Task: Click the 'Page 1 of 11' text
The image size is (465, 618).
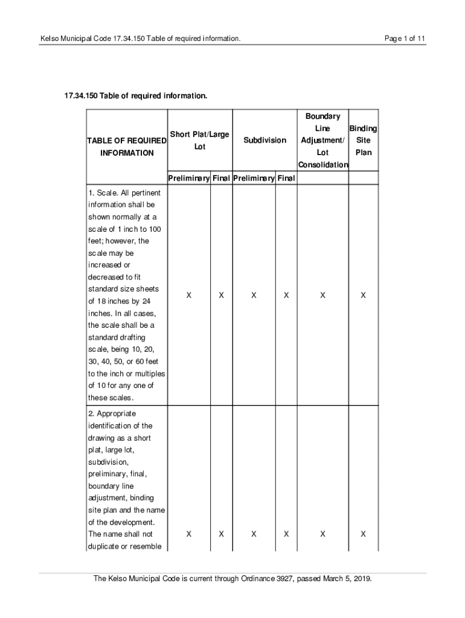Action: [405, 39]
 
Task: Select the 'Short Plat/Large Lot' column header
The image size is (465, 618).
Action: [199, 140]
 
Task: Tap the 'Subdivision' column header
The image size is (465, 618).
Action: [265, 140]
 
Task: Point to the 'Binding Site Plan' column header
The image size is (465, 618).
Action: [364, 140]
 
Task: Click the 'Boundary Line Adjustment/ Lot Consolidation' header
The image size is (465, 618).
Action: [322, 140]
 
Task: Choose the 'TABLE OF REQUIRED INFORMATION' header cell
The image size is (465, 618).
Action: [127, 147]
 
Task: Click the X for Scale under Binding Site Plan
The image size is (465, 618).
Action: [363, 296]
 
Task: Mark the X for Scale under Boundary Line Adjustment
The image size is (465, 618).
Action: [323, 296]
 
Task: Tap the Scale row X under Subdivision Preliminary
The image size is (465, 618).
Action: [254, 296]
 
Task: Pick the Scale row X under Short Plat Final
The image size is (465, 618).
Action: [222, 296]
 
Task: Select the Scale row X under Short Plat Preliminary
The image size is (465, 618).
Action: [189, 296]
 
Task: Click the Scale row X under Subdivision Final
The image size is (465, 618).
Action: [286, 296]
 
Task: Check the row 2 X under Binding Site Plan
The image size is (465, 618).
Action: [363, 534]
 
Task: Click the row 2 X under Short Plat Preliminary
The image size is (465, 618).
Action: [189, 534]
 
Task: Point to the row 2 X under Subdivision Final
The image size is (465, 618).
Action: [286, 534]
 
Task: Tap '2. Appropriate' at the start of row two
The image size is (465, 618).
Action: [112, 414]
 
